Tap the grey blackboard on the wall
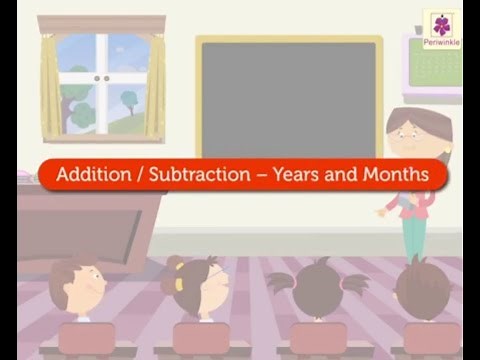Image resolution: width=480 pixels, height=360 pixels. click(x=289, y=99)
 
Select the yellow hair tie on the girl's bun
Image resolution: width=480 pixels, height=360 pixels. click(x=179, y=284)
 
